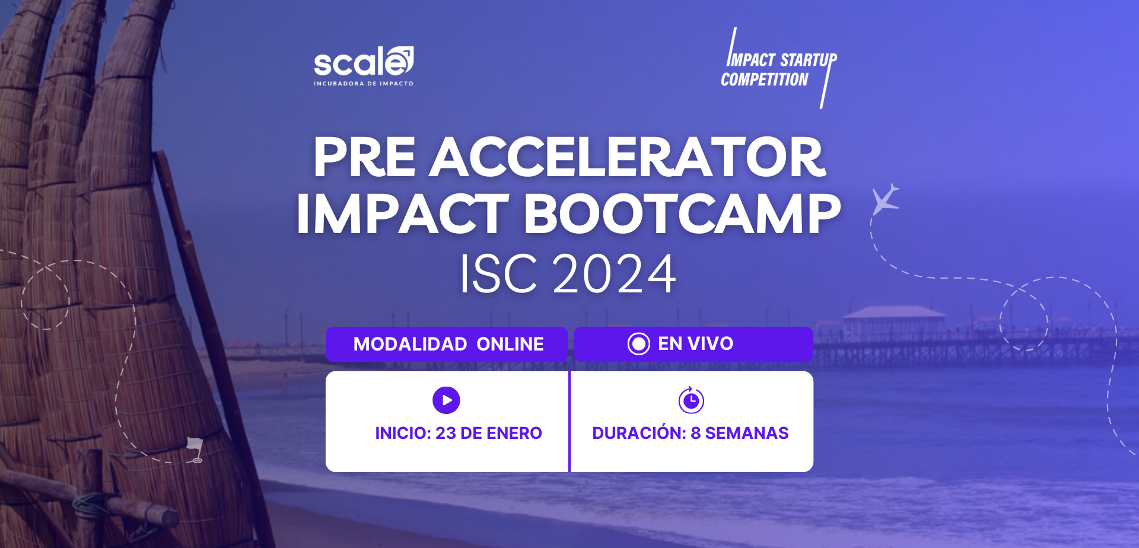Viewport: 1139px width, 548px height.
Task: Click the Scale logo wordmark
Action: (364, 61)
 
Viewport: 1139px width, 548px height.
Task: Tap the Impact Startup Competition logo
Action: (779, 68)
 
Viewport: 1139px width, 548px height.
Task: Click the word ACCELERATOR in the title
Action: (628, 157)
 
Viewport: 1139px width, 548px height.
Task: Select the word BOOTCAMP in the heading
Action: (682, 214)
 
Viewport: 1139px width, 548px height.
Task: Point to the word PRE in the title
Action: (364, 157)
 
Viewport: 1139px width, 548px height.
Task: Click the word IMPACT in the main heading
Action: (403, 214)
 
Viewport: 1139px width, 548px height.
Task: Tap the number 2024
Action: (614, 273)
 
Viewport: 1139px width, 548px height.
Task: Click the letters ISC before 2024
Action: (499, 273)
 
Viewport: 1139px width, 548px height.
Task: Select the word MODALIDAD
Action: (410, 344)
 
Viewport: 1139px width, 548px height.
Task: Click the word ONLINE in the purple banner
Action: (510, 344)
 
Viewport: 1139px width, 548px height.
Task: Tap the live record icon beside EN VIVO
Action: (639, 343)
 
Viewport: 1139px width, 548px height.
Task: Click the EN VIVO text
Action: (695, 343)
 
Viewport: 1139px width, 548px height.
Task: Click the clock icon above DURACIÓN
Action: (691, 400)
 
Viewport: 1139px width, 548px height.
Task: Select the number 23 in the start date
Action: (446, 433)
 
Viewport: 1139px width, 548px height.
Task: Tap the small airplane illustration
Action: (886, 199)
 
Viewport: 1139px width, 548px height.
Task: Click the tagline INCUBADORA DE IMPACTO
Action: (364, 84)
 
